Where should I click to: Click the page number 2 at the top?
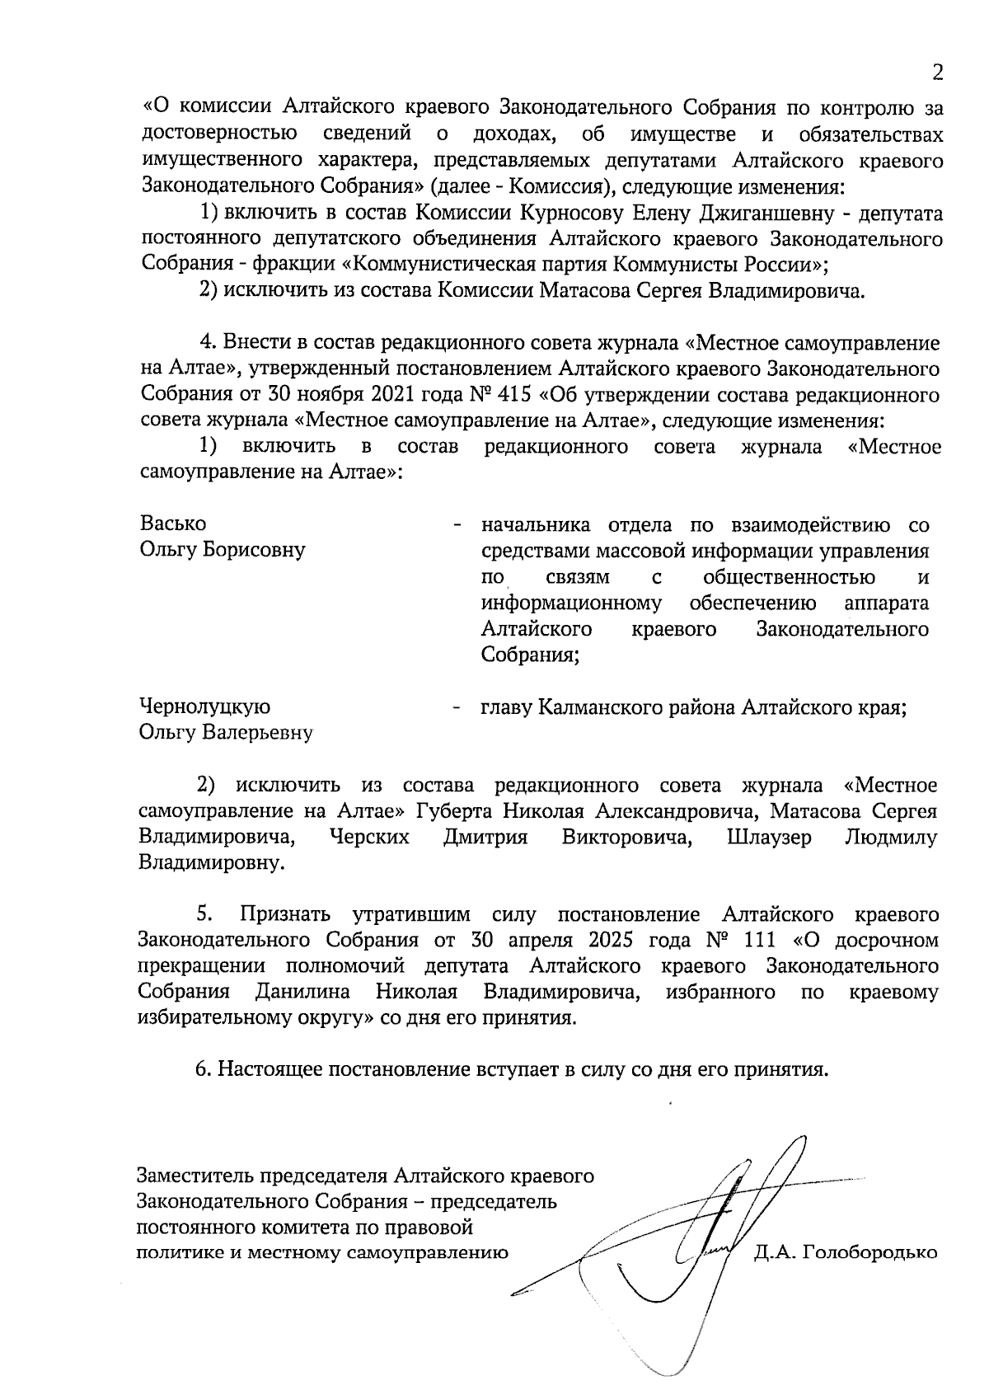click(937, 73)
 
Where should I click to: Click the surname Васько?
click(173, 523)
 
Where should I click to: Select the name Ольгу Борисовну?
click(223, 550)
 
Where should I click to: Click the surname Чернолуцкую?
click(205, 707)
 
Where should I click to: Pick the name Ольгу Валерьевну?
click(226, 733)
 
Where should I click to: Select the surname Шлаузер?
click(769, 838)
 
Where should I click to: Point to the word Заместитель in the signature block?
click(196, 1175)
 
